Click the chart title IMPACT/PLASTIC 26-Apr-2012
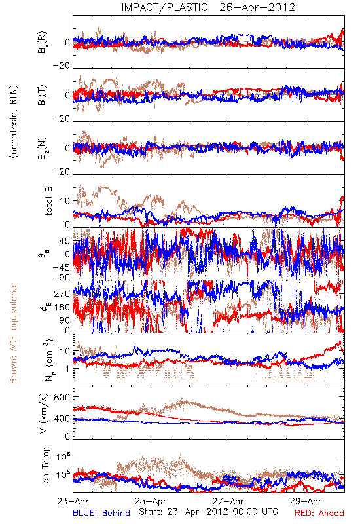pyautogui.click(x=208, y=7)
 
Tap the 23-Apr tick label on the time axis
pyautogui.click(x=73, y=501)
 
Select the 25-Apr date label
pyautogui.click(x=151, y=501)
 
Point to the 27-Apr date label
pyautogui.click(x=228, y=501)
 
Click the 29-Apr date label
pyautogui.click(x=306, y=501)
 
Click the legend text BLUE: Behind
pyautogui.click(x=101, y=513)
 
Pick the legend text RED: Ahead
pyautogui.click(x=319, y=513)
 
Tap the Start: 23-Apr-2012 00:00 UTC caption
pyautogui.click(x=208, y=512)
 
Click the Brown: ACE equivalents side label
pyautogui.click(x=13, y=333)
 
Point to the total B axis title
pyautogui.click(x=48, y=201)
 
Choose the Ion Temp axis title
pyautogui.click(x=45, y=466)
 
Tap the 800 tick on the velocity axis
pyautogui.click(x=62, y=397)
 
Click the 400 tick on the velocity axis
pyautogui.click(x=62, y=418)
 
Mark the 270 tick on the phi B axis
pyautogui.click(x=62, y=293)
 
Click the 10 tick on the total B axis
pyautogui.click(x=65, y=201)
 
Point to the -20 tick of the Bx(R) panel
pyautogui.click(x=61, y=65)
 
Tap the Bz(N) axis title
pyautogui.click(x=43, y=148)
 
